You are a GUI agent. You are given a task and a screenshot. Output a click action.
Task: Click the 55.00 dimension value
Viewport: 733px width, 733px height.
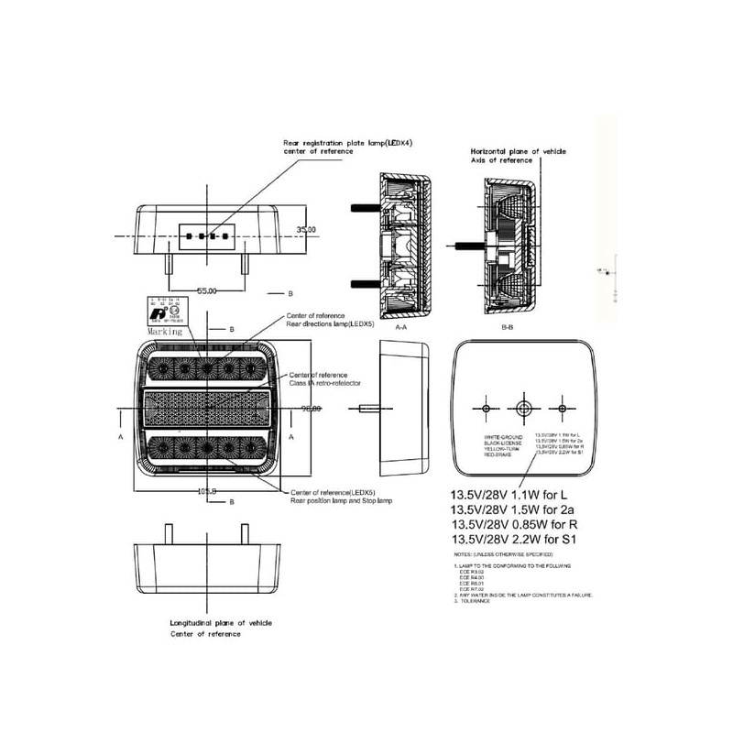click(207, 290)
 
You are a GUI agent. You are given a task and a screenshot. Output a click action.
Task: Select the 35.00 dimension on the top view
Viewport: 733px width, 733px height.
click(306, 229)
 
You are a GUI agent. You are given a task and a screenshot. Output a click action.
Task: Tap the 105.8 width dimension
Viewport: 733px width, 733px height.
click(207, 492)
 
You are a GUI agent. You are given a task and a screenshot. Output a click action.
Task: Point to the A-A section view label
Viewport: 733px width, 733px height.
click(401, 325)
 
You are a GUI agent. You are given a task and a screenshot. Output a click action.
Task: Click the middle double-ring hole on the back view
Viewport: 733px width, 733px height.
click(523, 407)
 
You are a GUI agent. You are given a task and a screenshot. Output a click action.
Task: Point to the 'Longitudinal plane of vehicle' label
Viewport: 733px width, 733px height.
click(221, 622)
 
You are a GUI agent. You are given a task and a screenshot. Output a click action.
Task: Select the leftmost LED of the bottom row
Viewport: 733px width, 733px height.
click(159, 448)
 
